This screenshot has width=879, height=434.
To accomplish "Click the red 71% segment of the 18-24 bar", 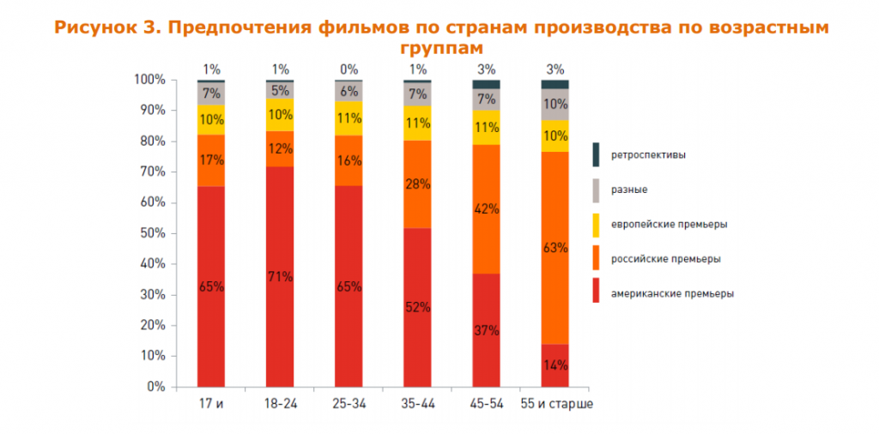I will [x=280, y=276].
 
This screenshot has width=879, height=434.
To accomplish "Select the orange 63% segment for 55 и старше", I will [x=555, y=248].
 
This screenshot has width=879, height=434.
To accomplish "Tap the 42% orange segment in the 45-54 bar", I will [x=486, y=208].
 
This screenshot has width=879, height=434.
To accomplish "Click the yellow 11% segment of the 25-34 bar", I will [x=349, y=118].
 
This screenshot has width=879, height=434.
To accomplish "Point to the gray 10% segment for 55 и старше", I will [x=555, y=105].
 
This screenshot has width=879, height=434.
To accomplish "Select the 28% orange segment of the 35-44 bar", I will [x=417, y=184].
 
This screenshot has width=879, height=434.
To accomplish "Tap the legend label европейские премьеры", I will [x=670, y=224].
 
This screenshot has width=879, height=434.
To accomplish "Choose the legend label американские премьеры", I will [x=672, y=292].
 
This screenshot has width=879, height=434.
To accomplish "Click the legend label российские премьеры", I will [x=665, y=258].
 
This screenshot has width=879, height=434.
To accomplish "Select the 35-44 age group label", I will [x=417, y=403].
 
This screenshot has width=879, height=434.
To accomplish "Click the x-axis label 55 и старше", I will [x=556, y=403].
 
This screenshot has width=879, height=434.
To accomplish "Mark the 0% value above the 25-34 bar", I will [x=349, y=69].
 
